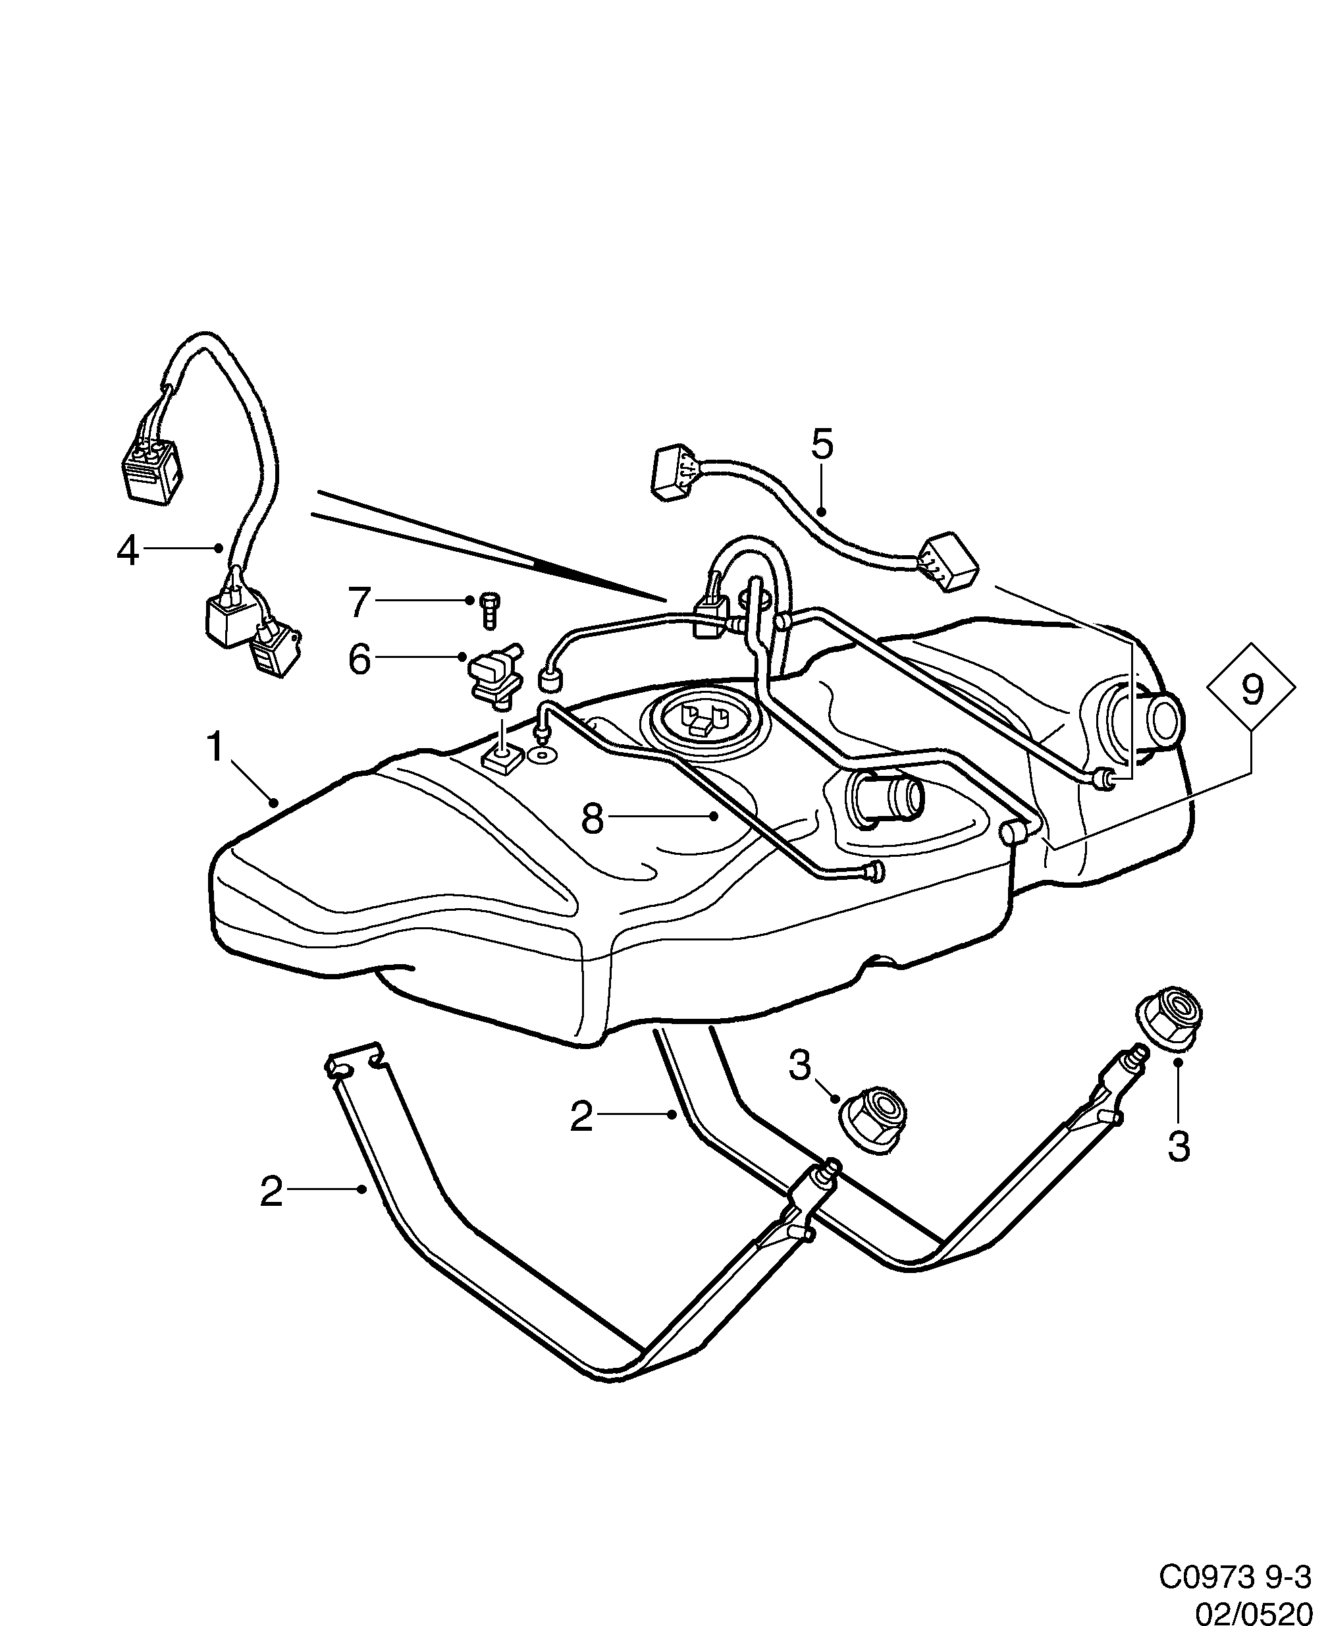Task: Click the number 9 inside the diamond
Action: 1252,691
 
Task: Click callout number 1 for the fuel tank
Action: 216,747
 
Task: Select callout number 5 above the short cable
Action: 822,445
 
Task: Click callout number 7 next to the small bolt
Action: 359,602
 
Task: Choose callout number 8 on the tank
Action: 593,819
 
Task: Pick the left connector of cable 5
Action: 675,474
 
